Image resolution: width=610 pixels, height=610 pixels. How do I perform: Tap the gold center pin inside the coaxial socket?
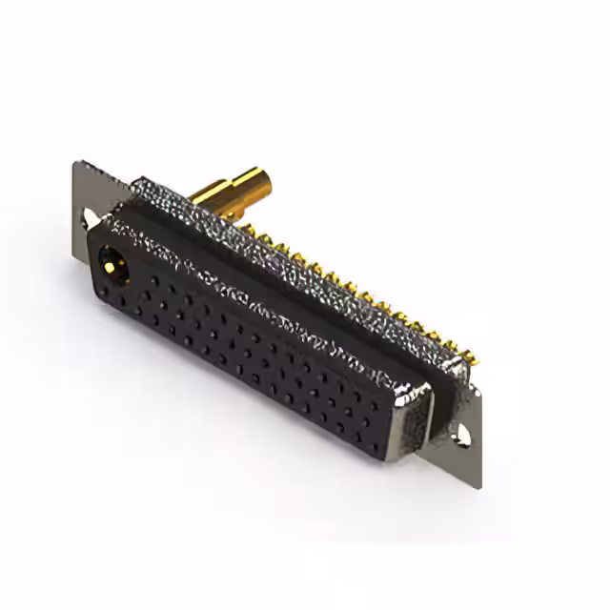pyautogui.click(x=114, y=260)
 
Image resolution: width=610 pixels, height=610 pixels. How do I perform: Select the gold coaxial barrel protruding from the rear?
pyautogui.click(x=234, y=188)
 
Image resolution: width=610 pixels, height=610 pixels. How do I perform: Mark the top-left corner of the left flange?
pyautogui.click(x=75, y=164)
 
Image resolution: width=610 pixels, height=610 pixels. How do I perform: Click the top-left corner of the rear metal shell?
pyautogui.click(x=141, y=179)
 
